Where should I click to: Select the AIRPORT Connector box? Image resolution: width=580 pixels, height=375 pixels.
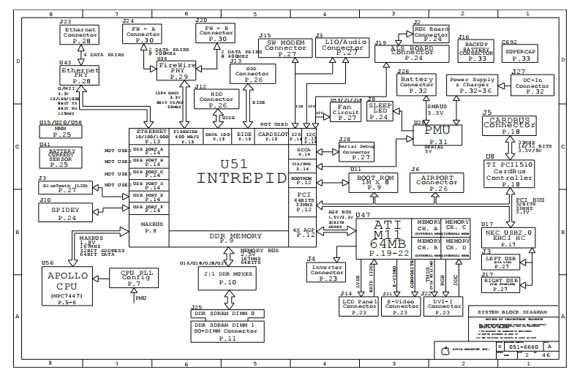(438, 183)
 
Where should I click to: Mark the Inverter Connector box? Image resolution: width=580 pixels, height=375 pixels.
(327, 273)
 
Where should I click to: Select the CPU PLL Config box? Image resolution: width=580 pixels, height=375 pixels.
(135, 278)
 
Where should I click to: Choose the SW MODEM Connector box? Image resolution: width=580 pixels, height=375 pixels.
(285, 48)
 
